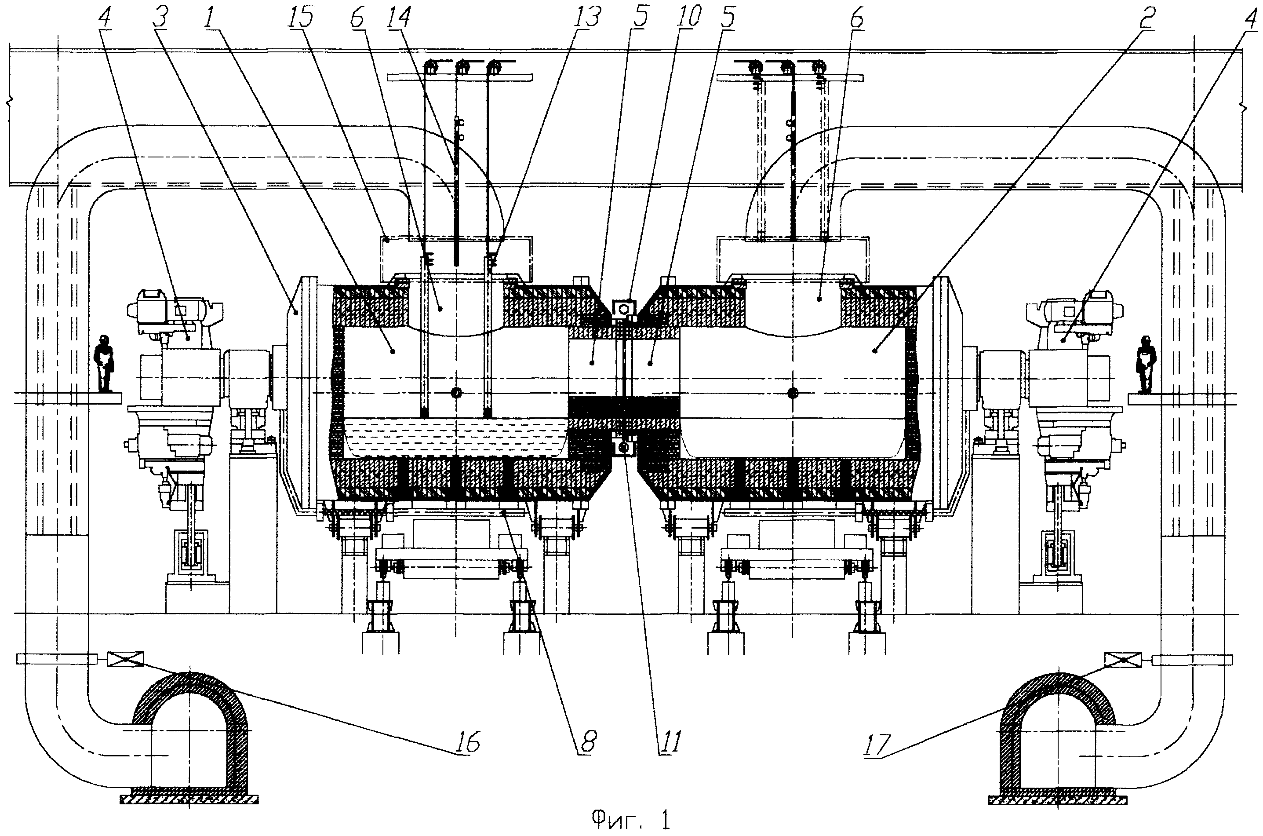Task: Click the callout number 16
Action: pos(468,741)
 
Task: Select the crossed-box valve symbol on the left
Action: pos(125,659)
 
